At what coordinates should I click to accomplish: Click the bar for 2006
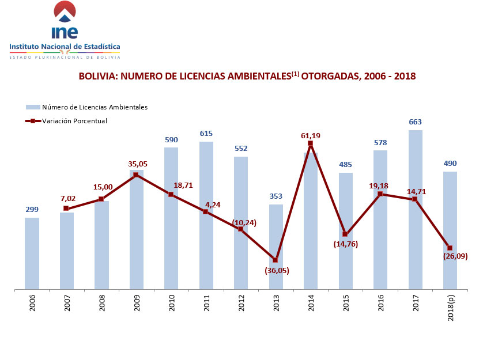click(32, 253)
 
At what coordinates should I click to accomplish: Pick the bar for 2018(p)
click(450, 230)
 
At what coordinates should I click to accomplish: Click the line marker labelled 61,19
click(310, 143)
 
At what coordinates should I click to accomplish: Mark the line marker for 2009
click(135, 174)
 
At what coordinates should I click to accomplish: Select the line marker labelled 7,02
click(66, 208)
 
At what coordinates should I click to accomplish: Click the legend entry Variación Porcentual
click(74, 121)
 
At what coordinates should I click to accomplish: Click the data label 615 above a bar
click(206, 133)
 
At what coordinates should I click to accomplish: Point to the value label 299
click(32, 210)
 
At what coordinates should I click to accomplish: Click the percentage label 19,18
click(380, 186)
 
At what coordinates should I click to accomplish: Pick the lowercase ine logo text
click(64, 32)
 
